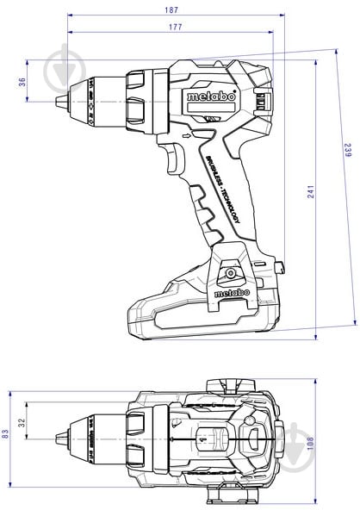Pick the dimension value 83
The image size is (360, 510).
[x=6, y=434]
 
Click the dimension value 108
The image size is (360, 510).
[x=311, y=442]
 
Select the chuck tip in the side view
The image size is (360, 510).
[x=60, y=103]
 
